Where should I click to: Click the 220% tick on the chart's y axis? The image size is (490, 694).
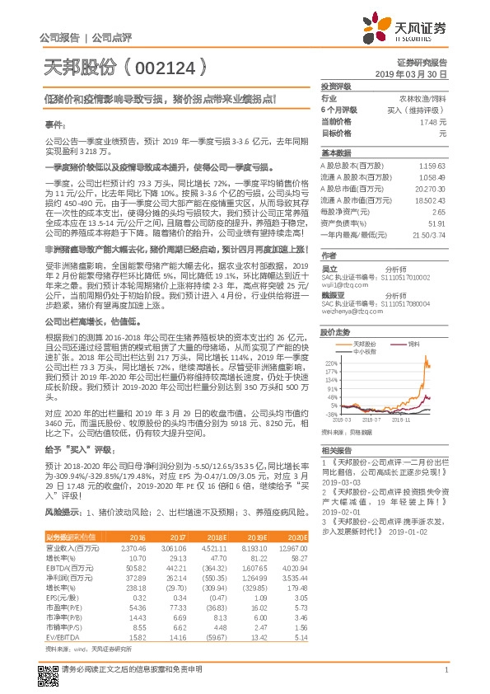333,362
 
